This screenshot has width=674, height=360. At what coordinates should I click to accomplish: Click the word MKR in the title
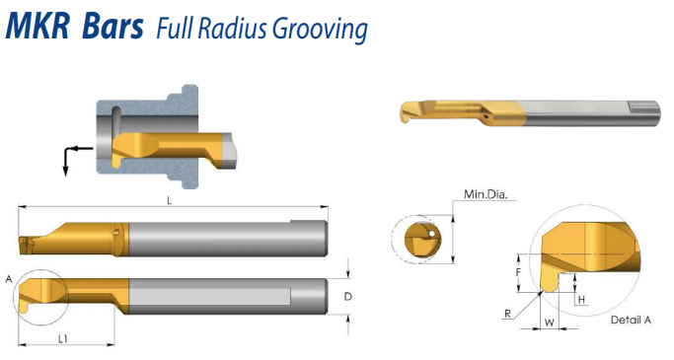[37, 27]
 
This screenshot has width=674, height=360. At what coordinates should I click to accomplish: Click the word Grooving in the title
[321, 30]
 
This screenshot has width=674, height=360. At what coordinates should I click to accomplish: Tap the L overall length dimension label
[170, 200]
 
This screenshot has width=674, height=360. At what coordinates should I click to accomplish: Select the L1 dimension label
[63, 339]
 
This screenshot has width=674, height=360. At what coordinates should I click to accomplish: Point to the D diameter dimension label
[348, 297]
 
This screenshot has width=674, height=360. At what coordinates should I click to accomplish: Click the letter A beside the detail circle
[9, 280]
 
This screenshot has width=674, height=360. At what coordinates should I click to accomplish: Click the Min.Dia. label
[486, 194]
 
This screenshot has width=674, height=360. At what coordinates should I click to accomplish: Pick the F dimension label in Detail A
[519, 272]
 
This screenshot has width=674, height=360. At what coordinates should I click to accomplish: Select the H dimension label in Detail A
[581, 300]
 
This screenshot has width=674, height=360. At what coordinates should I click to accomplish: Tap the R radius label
[507, 314]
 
